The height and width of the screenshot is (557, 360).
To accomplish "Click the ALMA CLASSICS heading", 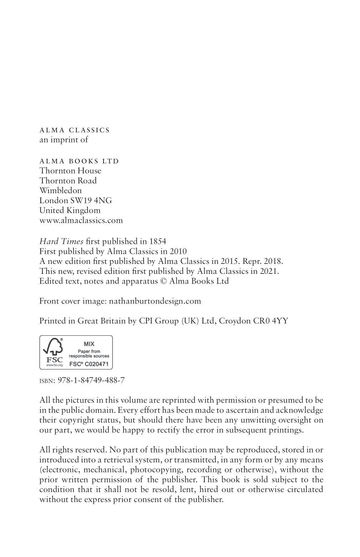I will point(74,130).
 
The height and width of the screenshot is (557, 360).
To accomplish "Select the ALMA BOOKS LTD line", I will point(79,161).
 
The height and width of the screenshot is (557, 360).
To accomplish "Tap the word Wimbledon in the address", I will point(60,190).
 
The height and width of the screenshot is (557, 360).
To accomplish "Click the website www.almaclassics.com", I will point(81,220).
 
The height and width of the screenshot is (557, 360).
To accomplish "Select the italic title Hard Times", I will point(61,241).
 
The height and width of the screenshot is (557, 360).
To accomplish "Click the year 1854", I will point(157,241).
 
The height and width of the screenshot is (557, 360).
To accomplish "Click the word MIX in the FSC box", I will point(89,344).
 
